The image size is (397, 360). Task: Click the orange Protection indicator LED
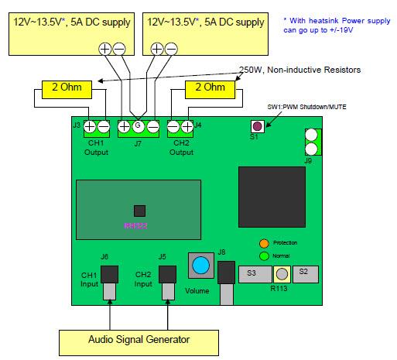pyautogui.click(x=263, y=242)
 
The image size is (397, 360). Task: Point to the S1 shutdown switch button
pyautogui.click(x=255, y=126)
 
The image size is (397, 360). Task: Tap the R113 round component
pyautogui.click(x=282, y=273)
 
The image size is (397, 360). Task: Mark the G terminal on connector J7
pyautogui.click(x=137, y=125)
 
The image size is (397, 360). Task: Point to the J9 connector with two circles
pyautogui.click(x=310, y=142)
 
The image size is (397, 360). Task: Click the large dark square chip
pyautogui.click(x=270, y=194)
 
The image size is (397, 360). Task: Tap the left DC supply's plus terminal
pyautogui.click(x=106, y=49)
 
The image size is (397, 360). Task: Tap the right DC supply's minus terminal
pyautogui.click(x=171, y=49)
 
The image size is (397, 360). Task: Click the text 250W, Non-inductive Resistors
pyautogui.click(x=299, y=70)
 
